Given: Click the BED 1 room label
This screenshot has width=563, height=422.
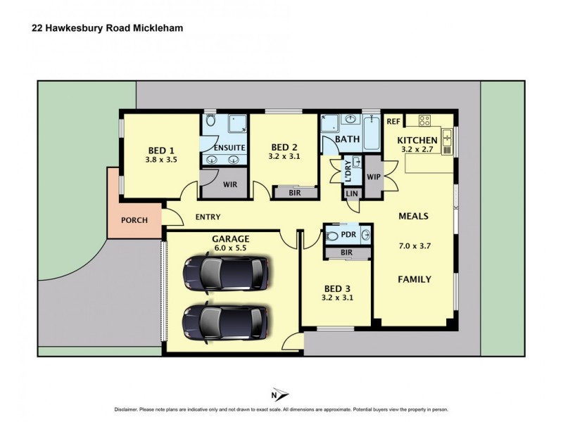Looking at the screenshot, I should tap(161, 151).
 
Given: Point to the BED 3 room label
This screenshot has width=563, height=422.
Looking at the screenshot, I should tap(336, 288).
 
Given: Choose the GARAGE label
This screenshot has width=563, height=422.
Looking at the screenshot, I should tap(229, 239).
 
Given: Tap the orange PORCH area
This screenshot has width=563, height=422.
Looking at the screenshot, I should tap(134, 219).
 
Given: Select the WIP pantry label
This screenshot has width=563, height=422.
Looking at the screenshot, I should tap(373, 176).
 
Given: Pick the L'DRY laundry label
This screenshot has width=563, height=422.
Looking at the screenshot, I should tap(347, 170).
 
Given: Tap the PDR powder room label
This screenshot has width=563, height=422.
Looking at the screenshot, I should tap(347, 235).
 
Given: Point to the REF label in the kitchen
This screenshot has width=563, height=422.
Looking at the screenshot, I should tap(393, 120).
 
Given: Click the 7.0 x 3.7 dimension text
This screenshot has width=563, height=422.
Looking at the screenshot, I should tap(414, 247).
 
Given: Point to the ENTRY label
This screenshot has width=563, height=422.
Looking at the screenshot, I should tap(208, 217).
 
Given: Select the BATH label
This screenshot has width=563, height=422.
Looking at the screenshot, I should tap(347, 139).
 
